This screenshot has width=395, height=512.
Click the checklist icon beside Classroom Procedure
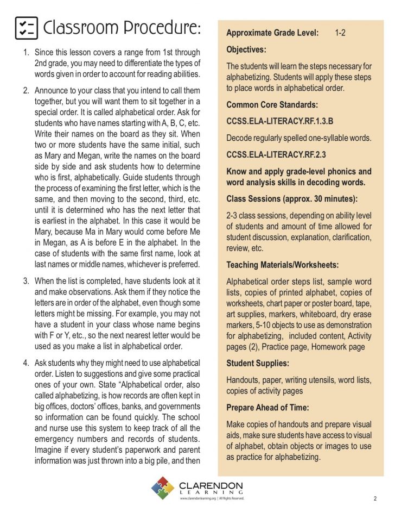[26, 28]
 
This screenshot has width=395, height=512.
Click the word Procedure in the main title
[158, 28]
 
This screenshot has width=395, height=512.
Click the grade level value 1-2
[340, 33]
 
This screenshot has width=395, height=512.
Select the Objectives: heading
[246, 49]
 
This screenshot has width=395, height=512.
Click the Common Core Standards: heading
[272, 104]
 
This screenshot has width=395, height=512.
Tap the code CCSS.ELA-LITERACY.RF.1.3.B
[280, 121]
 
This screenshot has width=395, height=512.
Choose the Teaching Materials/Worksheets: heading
[282, 265]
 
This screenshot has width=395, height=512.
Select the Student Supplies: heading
[258, 363]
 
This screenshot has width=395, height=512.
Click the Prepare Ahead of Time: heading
[267, 407]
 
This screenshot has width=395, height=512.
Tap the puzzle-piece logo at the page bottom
[163, 487]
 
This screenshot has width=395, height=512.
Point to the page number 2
[375, 498]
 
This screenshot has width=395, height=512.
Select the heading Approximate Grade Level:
[272, 33]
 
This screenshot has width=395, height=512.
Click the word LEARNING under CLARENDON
[211, 492]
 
